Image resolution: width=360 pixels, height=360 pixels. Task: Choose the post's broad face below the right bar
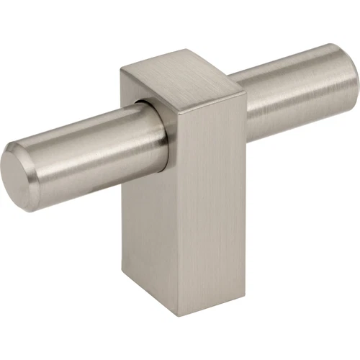click(209, 216)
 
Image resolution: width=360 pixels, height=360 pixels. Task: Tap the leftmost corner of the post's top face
click(120, 68)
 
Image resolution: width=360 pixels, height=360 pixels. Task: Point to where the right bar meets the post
click(245, 108)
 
